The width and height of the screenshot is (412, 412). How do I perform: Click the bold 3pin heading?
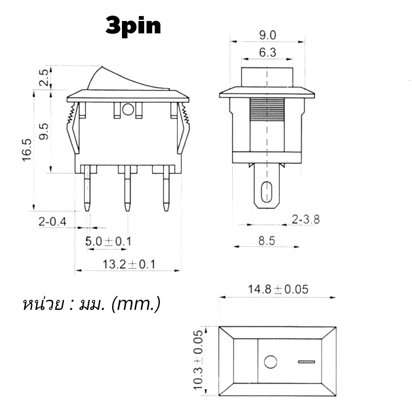[x=133, y=26]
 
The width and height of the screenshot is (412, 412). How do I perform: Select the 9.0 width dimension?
[x=267, y=35]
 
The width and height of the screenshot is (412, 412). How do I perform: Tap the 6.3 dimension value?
[x=267, y=53]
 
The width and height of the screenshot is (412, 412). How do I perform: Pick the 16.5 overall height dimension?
[x=27, y=150]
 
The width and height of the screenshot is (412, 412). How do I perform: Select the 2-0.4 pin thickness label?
[x=53, y=222]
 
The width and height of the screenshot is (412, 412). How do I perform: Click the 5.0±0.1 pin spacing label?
[x=108, y=241]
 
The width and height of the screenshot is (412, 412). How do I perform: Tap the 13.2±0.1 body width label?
[x=129, y=264]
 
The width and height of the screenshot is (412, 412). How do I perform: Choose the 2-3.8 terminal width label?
[x=306, y=220]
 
